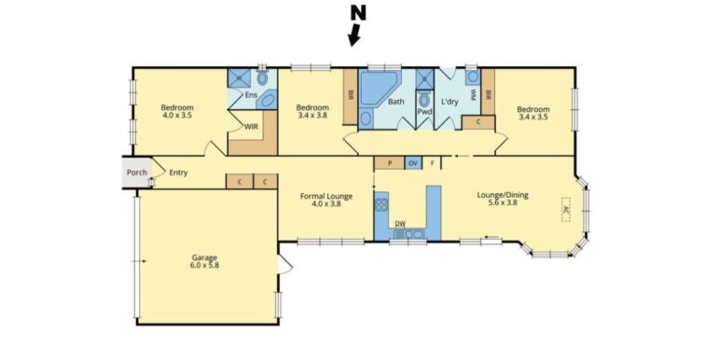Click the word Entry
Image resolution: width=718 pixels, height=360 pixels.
click(177, 172)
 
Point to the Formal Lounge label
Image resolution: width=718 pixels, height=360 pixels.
click(326, 196)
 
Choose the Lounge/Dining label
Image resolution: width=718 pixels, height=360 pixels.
click(503, 195)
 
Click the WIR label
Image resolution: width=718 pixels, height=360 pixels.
click(251, 127)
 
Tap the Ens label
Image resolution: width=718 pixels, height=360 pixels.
click(251, 95)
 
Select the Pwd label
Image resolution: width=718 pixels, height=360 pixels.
click(424, 111)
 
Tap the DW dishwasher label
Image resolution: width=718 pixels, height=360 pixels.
click(400, 224)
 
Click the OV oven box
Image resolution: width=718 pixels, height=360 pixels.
click(413, 163)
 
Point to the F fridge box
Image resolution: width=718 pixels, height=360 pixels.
click(433, 163)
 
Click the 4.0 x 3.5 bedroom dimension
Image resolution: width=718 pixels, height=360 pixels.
click(176, 117)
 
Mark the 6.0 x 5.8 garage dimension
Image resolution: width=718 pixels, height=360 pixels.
click(205, 266)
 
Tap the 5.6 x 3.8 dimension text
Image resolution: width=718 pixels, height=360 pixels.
click(503, 204)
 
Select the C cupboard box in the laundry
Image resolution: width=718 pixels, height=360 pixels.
click(478, 122)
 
